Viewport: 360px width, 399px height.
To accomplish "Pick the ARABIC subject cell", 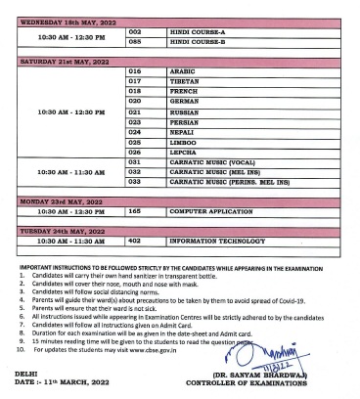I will [184, 71].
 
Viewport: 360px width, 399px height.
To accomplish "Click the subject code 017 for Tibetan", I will [135, 82].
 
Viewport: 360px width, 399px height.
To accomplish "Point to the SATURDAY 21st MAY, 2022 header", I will [61, 62].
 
